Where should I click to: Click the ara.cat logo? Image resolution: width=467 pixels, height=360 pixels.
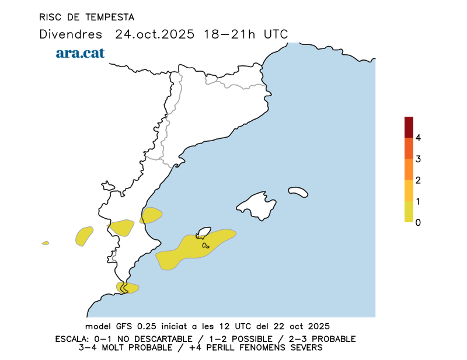click(x=80, y=53)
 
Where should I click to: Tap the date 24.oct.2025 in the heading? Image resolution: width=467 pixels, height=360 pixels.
click(x=155, y=34)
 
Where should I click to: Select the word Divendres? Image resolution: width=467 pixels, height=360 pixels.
click(x=71, y=34)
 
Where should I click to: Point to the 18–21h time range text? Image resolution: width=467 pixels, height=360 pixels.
click(x=231, y=34)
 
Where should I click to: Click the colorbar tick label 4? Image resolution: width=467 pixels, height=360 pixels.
click(x=418, y=138)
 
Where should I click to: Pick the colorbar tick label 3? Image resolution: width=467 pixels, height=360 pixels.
click(x=418, y=159)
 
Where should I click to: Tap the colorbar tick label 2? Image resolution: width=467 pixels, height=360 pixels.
click(x=418, y=180)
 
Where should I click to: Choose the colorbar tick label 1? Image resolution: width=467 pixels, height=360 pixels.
click(x=418, y=201)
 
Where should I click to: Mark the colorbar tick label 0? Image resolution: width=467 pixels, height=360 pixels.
click(x=418, y=222)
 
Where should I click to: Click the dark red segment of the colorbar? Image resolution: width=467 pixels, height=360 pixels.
click(x=409, y=127)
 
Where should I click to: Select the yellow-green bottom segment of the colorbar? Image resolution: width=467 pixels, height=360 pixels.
click(x=409, y=212)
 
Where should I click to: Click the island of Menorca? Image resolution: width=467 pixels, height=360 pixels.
click(x=298, y=191)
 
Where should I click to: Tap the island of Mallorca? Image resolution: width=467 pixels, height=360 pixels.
click(x=257, y=205)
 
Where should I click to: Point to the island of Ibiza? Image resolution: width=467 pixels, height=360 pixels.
click(x=204, y=233)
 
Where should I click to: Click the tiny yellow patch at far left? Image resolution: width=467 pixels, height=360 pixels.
click(x=45, y=243)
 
